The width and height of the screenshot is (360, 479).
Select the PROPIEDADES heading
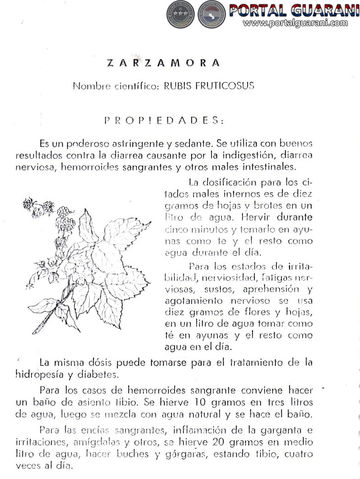pos(163,121)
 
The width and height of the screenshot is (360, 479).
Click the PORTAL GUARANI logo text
pos(293,10)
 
